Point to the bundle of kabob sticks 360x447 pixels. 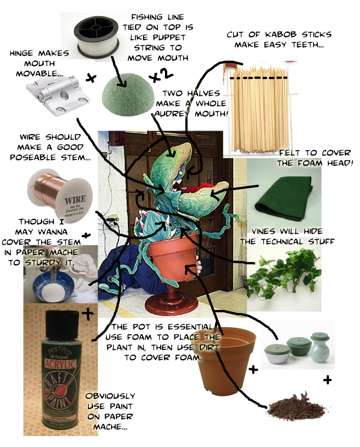click(x=260, y=110)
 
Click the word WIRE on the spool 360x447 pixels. click(x=75, y=199)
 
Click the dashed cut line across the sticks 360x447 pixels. click(x=258, y=78)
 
